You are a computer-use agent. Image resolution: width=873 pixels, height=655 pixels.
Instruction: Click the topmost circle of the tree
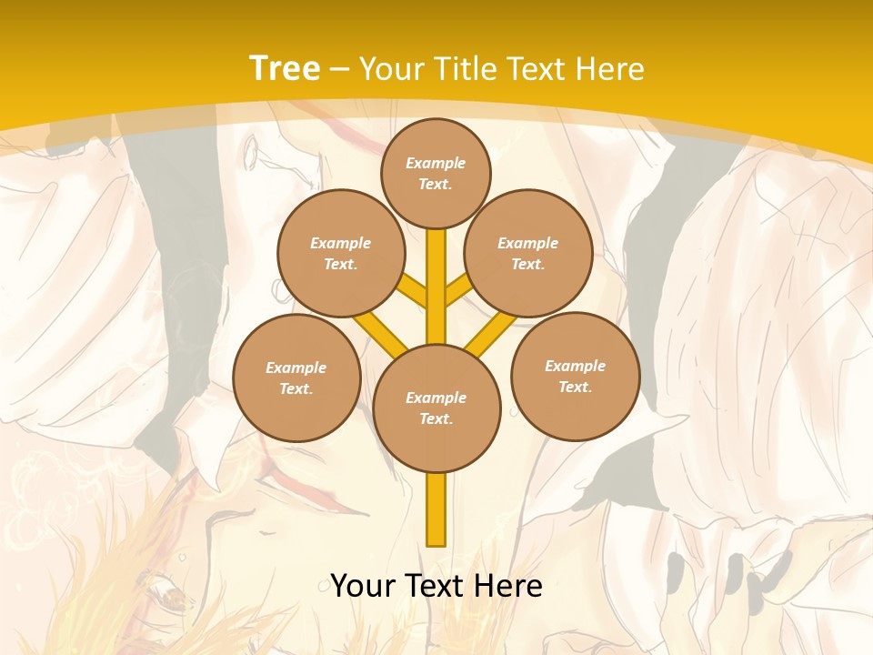436,173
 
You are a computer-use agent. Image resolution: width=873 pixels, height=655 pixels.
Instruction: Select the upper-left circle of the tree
340,253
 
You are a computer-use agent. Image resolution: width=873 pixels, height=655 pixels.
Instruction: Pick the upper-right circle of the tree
528,253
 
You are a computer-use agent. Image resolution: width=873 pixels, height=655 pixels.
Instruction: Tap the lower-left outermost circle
296,378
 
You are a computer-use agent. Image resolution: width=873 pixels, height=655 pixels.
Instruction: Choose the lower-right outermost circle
576,376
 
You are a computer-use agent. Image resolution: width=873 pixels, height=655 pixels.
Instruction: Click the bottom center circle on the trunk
436,408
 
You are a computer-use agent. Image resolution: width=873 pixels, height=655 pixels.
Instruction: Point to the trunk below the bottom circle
436,509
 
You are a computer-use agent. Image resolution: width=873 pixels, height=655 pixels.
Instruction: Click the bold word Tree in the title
285,68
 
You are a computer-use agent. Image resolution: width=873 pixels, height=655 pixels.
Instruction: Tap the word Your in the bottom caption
363,586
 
